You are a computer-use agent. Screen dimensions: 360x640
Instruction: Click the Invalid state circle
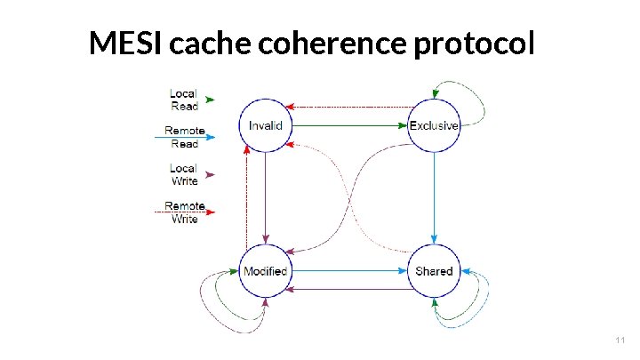(266, 125)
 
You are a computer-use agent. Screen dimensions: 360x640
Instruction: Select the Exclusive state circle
(434, 125)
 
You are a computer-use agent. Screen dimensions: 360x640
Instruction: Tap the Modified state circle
(265, 271)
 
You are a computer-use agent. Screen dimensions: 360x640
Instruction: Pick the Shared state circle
(434, 271)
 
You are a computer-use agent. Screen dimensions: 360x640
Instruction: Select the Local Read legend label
(184, 100)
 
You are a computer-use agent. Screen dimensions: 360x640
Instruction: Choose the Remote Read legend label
(184, 137)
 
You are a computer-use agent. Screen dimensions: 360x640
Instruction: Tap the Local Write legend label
(184, 174)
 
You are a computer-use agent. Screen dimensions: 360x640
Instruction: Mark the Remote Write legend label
(184, 212)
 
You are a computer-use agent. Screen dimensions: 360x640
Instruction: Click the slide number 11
(620, 340)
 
